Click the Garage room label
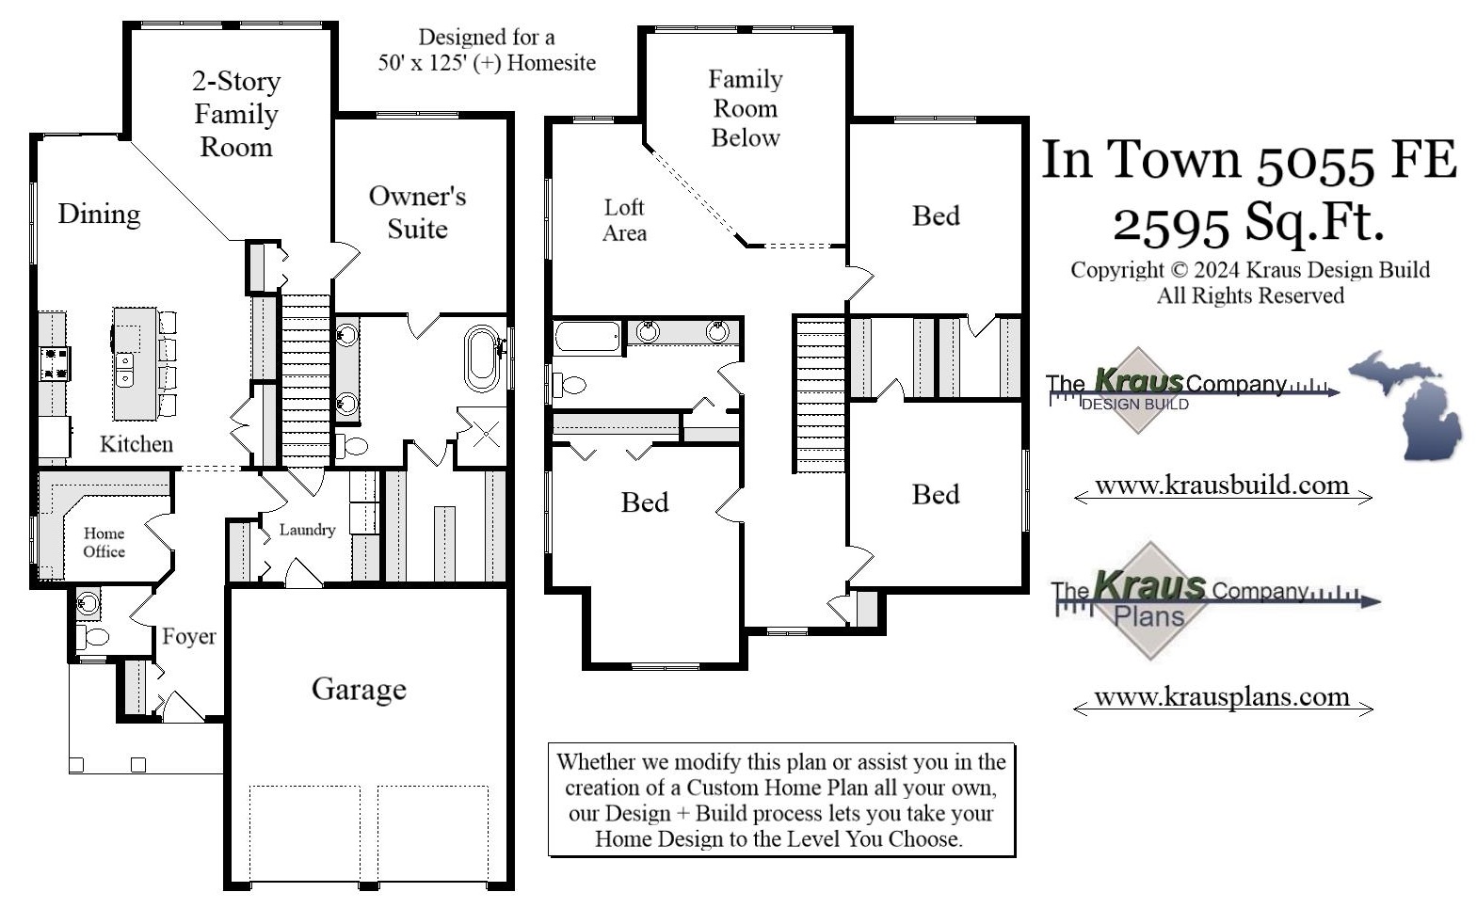pos(359,689)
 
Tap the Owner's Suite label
pos(417,212)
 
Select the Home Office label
pos(104,542)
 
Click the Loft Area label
pos(624,219)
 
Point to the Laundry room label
pos(307,530)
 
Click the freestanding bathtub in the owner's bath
pos(481,358)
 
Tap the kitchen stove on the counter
pos(55,363)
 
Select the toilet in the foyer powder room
pos(93,637)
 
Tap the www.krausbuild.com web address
pos(1222,486)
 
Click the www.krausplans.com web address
pos(1222,696)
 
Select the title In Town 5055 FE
pos(1248,159)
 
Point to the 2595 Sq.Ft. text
pos(1248,223)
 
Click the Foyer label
pos(188,636)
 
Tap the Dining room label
pos(99,214)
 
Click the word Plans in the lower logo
pos(1148,617)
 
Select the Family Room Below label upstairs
pos(745,108)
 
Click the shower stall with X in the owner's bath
pos(485,434)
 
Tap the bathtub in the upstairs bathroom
pos(586,336)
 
